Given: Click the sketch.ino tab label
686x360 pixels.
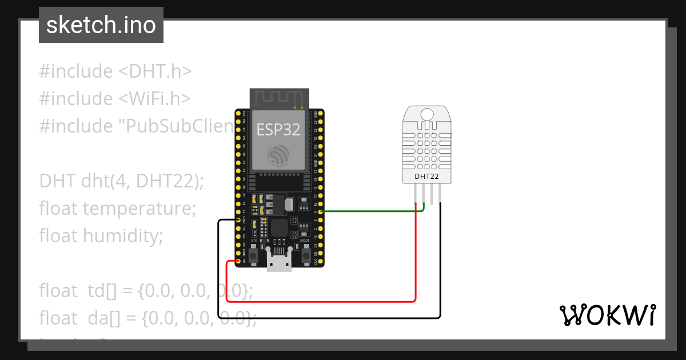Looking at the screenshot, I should (101, 25).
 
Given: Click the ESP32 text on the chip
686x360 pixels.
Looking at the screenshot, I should (278, 130).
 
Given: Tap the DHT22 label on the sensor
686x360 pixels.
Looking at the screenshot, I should (427, 177).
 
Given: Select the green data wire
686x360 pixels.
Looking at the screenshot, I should (372, 211).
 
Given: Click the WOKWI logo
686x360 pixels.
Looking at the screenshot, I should (607, 315).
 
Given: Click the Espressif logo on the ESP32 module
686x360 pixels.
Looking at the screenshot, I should (279, 154).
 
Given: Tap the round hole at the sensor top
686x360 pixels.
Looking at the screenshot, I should (427, 114).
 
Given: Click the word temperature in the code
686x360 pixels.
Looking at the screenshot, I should (139, 208).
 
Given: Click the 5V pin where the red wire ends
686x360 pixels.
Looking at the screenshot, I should (238, 261).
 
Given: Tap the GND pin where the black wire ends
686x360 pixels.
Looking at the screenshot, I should (238, 219).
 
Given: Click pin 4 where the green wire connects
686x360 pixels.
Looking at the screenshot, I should (321, 211).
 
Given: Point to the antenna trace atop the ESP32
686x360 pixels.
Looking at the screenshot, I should (280, 98).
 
